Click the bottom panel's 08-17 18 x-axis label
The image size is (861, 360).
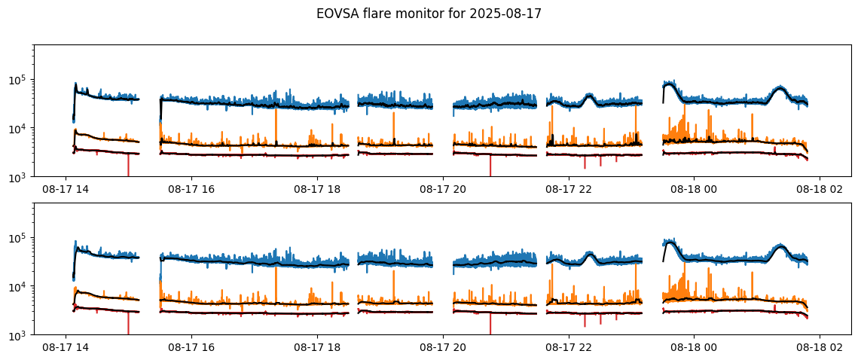click(317, 349)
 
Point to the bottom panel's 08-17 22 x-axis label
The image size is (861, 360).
click(568, 349)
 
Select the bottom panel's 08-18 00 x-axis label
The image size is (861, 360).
click(694, 349)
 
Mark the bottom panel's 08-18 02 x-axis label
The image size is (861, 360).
click(820, 349)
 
